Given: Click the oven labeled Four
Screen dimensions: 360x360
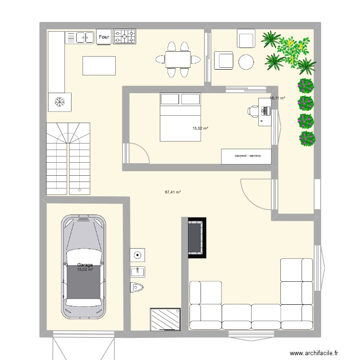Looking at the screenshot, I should click(x=104, y=37).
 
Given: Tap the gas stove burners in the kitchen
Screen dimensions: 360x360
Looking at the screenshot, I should click(x=124, y=36).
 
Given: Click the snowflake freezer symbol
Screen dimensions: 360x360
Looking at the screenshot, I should click(x=60, y=102).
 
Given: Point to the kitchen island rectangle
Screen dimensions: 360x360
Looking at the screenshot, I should click(x=99, y=66).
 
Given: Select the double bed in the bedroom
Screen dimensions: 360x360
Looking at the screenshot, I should click(x=180, y=118).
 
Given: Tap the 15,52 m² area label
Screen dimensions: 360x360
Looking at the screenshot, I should click(x=200, y=128).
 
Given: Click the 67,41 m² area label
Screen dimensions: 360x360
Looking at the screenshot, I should click(x=172, y=192).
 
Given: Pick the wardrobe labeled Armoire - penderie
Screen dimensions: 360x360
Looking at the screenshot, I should click(x=246, y=156).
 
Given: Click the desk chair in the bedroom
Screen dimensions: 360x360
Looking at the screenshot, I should click(x=252, y=111).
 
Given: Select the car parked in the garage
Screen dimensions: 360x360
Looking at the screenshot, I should click(x=84, y=266).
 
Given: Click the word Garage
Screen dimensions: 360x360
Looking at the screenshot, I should click(x=84, y=264).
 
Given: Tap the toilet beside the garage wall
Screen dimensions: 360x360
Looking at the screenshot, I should click(x=137, y=287).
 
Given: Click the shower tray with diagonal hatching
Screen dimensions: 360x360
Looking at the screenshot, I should click(x=165, y=319).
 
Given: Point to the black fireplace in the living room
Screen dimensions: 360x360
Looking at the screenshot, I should click(x=197, y=238).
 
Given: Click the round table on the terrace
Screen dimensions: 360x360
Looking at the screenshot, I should click(x=246, y=61).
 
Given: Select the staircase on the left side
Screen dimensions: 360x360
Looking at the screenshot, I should click(x=68, y=158).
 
